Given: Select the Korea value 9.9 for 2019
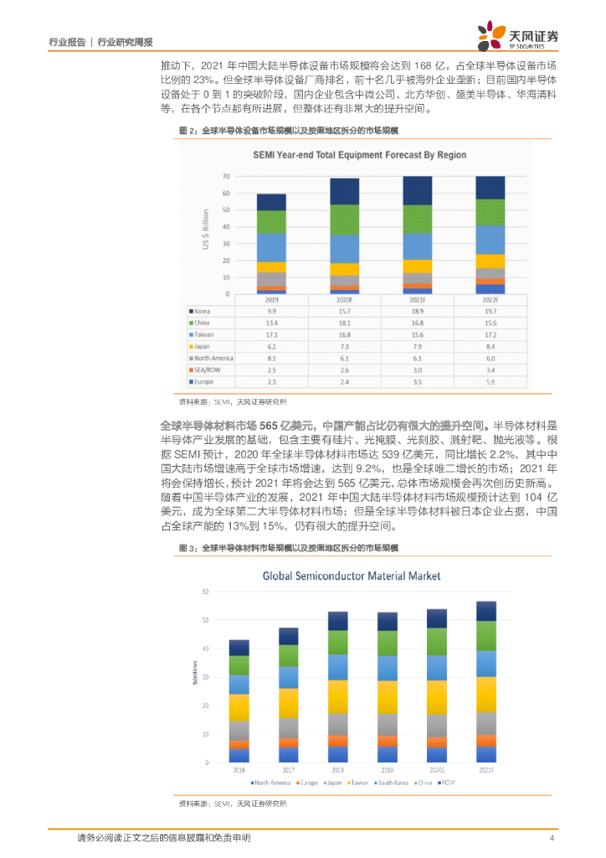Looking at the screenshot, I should pos(272,310).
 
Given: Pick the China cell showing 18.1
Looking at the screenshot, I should pos(345,322).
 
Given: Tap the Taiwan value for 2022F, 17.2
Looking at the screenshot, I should pos(490,333).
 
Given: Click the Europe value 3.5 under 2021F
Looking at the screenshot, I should pos(417,381).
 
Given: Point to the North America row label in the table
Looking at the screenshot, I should pos(214,358).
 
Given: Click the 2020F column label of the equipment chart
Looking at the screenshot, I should pos(345,299).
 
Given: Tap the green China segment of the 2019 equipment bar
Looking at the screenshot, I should pos(272,221).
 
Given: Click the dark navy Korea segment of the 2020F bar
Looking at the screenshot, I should pos(345,191).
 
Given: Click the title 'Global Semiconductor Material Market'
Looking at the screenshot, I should pos(352,576).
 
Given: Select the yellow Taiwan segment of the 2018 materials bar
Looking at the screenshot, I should pos(338,696).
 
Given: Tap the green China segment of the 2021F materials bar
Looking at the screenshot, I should pos(486,635).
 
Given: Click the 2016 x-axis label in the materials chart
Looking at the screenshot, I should pos(239,770).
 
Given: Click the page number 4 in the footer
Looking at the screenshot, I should pos(552,838).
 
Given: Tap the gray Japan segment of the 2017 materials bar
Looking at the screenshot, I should pos(289,728).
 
